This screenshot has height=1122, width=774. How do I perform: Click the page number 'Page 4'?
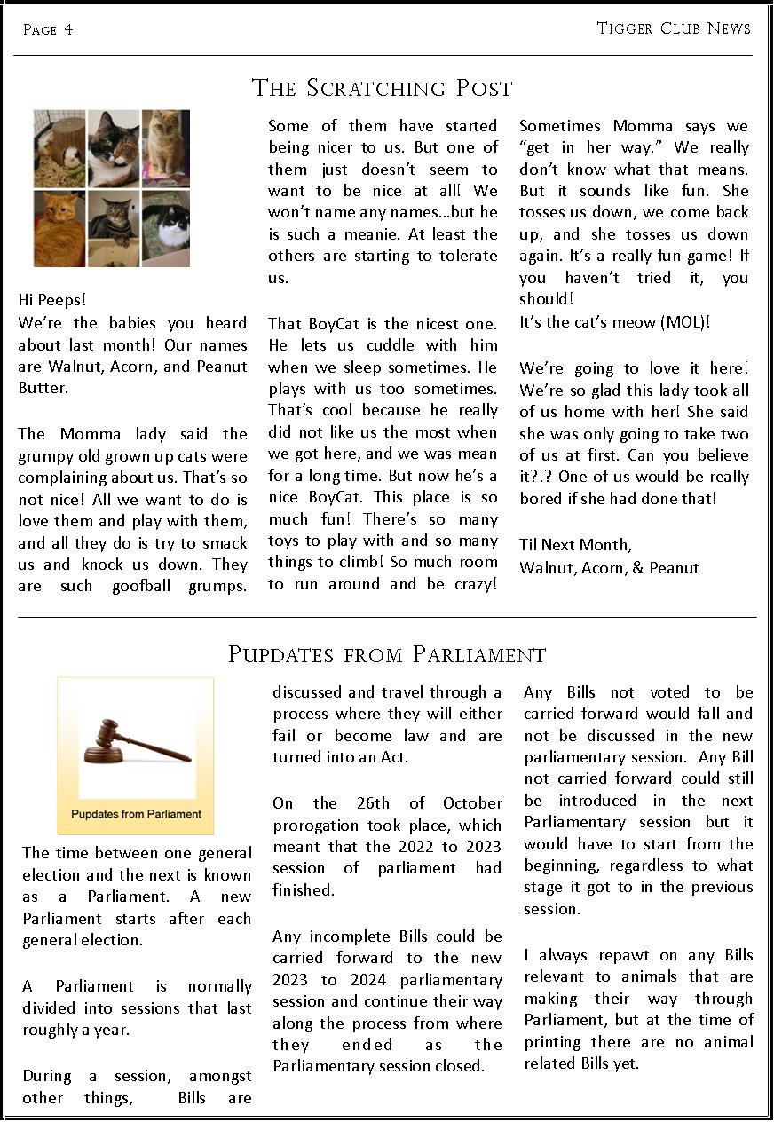pos(48,30)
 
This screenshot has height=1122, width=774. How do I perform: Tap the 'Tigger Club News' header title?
pos(673,28)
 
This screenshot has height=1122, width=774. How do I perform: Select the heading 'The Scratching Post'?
pos(383,89)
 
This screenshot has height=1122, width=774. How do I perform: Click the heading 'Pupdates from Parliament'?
pos(387,655)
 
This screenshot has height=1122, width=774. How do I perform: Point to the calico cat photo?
pos(114,148)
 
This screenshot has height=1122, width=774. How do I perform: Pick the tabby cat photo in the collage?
pos(114,229)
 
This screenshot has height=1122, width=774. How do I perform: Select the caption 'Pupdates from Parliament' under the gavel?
pos(136,814)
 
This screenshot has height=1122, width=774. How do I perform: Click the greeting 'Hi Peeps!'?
pos(52,300)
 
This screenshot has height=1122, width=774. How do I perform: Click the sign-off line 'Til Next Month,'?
pos(575,545)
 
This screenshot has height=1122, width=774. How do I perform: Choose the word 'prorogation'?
pos(317,825)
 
